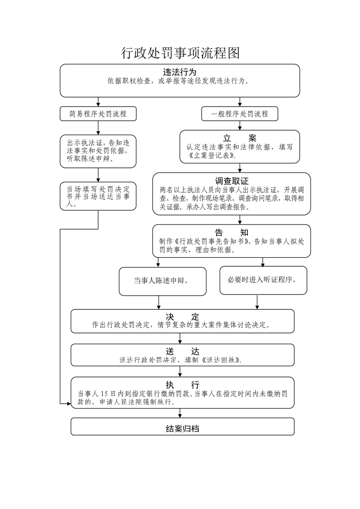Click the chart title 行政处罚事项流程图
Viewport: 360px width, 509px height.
pyautogui.click(x=181, y=53)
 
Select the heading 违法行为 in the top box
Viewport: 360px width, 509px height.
pyautogui.click(x=180, y=72)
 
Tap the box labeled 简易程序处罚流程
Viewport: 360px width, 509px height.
pyautogui.click(x=98, y=114)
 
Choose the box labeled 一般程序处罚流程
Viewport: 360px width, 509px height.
pyautogui.click(x=240, y=114)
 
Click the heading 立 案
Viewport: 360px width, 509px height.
pyautogui.click(x=239, y=138)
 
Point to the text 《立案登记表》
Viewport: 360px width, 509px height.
pyautogui.click(x=212, y=156)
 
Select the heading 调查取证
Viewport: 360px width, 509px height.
pyautogui.click(x=232, y=181)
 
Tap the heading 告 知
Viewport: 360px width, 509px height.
pyautogui.click(x=232, y=232)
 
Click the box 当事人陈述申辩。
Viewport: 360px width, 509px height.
pyautogui.click(x=163, y=281)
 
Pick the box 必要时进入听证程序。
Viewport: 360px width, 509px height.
pyautogui.click(x=263, y=280)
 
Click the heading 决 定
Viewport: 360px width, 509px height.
pyautogui.click(x=182, y=317)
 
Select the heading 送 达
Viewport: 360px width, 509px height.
pyautogui.click(x=182, y=351)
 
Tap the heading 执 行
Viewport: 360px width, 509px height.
pyautogui.click(x=182, y=385)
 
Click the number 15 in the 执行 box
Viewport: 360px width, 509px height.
pyautogui.click(x=104, y=394)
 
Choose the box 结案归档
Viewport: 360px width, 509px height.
pyautogui.click(x=182, y=426)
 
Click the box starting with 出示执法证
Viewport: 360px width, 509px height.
pyautogui.click(x=98, y=151)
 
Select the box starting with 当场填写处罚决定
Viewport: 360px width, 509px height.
pyautogui.click(x=98, y=196)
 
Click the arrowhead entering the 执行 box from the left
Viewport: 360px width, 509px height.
pyautogui.click(x=69, y=403)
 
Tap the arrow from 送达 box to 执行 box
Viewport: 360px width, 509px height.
pyautogui.click(x=180, y=372)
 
